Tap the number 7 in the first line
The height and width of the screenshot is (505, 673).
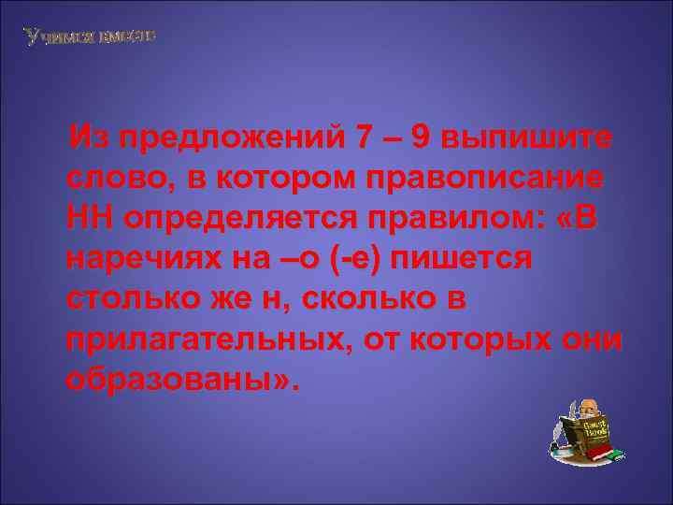(364, 138)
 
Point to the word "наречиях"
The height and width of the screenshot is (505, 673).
(140, 259)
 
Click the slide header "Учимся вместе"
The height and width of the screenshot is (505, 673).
(90, 36)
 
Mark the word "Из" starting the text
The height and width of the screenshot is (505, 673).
(93, 138)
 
